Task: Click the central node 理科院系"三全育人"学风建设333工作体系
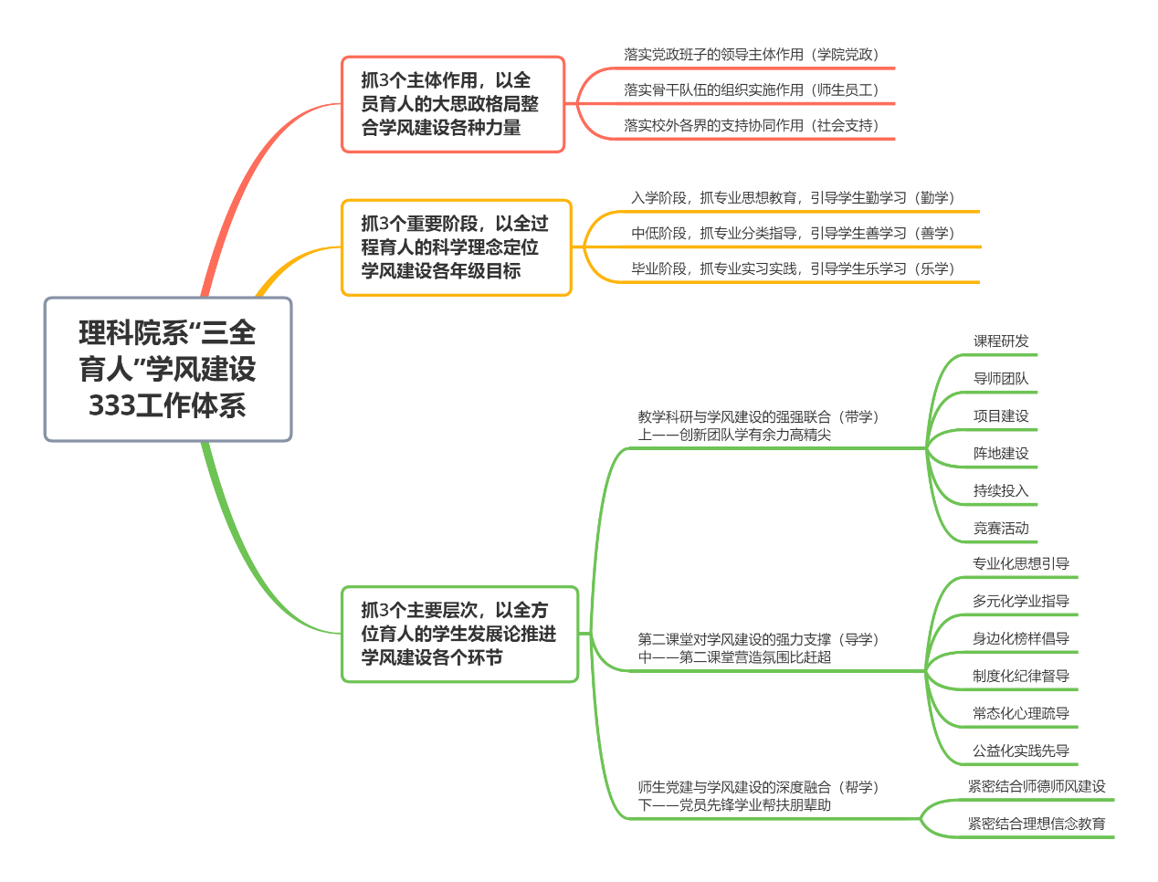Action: point(168,369)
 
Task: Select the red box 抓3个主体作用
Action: point(453,104)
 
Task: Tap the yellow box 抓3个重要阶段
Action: point(456,247)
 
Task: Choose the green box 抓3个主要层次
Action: point(459,634)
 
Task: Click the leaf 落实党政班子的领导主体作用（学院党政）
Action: point(751,55)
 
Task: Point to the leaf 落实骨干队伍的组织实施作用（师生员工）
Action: point(751,90)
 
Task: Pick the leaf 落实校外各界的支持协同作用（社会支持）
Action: point(751,126)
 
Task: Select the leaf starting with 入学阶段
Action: point(793,198)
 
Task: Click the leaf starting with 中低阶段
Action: point(793,234)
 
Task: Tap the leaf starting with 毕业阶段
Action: point(793,269)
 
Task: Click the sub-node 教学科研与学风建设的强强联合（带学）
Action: point(758,426)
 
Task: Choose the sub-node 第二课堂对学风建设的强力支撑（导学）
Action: point(758,648)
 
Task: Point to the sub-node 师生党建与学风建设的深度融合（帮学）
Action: point(758,796)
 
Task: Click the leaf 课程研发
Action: point(1001,341)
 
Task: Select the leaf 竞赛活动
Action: point(1001,529)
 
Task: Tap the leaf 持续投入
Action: point(1001,491)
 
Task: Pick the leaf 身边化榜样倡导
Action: point(1021,639)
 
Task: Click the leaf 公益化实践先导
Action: point(1021,751)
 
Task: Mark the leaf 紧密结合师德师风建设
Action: point(1037,787)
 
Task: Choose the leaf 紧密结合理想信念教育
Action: point(1037,824)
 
